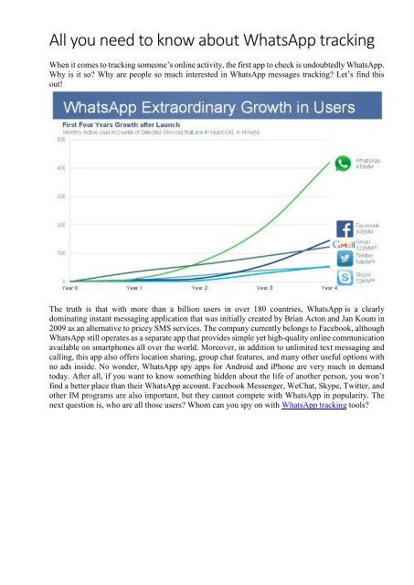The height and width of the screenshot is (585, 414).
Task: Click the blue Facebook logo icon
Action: [x=345, y=229]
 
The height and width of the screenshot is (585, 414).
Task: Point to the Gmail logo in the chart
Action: [x=344, y=244]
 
